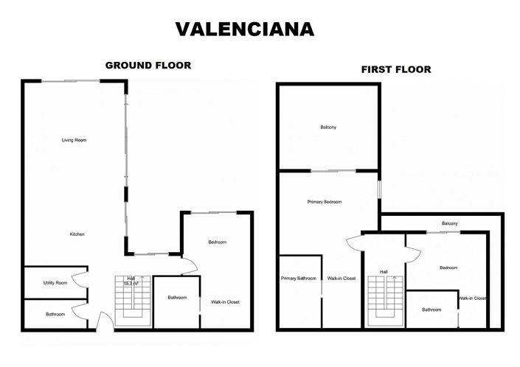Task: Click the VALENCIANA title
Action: [x=244, y=29]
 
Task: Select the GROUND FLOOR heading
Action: [x=148, y=66]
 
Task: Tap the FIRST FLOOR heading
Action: [x=395, y=70]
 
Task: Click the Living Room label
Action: [x=74, y=139]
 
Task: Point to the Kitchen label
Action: [x=77, y=234]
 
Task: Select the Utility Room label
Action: [x=55, y=283]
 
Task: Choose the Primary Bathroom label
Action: [x=298, y=279]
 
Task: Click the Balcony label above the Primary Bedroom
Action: [x=328, y=127]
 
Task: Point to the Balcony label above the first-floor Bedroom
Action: [x=449, y=223]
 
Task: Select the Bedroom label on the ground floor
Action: [x=217, y=242]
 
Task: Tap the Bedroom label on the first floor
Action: [x=448, y=268]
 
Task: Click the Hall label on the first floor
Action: [x=384, y=272]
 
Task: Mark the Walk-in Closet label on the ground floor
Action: [x=225, y=302]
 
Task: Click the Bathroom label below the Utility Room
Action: [x=55, y=315]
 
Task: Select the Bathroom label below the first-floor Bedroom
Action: [x=431, y=310]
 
